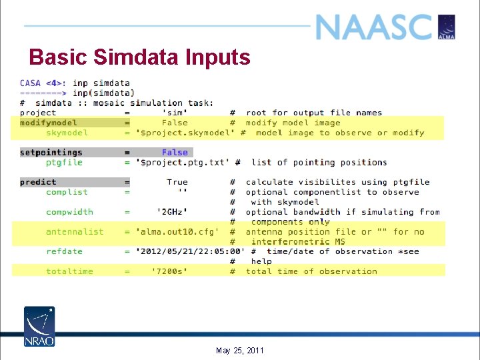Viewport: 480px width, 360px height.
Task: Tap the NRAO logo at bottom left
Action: click(39, 326)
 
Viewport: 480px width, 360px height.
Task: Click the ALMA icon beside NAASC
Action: click(446, 27)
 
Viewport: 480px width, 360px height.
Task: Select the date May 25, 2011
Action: click(240, 351)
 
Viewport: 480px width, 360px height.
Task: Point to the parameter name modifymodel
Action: click(49, 123)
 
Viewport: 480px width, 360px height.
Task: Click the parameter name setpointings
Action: click(51, 152)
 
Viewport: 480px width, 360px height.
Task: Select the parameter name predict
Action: click(38, 182)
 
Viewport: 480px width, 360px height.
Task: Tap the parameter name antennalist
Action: click(75, 231)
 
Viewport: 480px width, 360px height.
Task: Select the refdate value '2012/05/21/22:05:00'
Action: click(191, 251)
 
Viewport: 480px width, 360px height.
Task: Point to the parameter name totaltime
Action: click(70, 271)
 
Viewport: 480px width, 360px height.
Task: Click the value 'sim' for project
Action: click(175, 113)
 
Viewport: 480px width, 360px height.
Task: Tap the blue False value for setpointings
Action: click(175, 152)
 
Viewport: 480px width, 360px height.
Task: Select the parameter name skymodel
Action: click(67, 133)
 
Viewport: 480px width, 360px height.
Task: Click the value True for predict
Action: click(177, 182)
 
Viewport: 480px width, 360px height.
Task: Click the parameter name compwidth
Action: click(69, 212)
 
